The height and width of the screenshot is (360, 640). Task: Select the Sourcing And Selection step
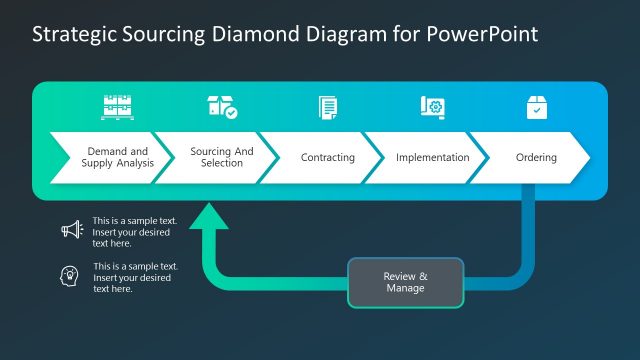[x=221, y=157]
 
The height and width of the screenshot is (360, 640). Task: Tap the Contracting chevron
[x=327, y=157]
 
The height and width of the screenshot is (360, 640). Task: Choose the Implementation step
[x=432, y=157]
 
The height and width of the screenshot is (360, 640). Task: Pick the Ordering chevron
[x=536, y=157]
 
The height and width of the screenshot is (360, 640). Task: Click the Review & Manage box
[x=406, y=282]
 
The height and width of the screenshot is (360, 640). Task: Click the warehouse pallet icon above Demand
[x=117, y=107]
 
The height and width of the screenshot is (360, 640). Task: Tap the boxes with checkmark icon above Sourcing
[x=222, y=107]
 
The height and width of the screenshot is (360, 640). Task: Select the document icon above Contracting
[x=327, y=107]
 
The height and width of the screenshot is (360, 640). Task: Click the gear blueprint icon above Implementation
[x=432, y=107]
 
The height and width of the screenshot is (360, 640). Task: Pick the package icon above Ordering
[x=537, y=107]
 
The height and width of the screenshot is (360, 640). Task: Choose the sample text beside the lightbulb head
[x=135, y=277]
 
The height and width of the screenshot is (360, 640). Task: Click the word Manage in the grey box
[x=405, y=288]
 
